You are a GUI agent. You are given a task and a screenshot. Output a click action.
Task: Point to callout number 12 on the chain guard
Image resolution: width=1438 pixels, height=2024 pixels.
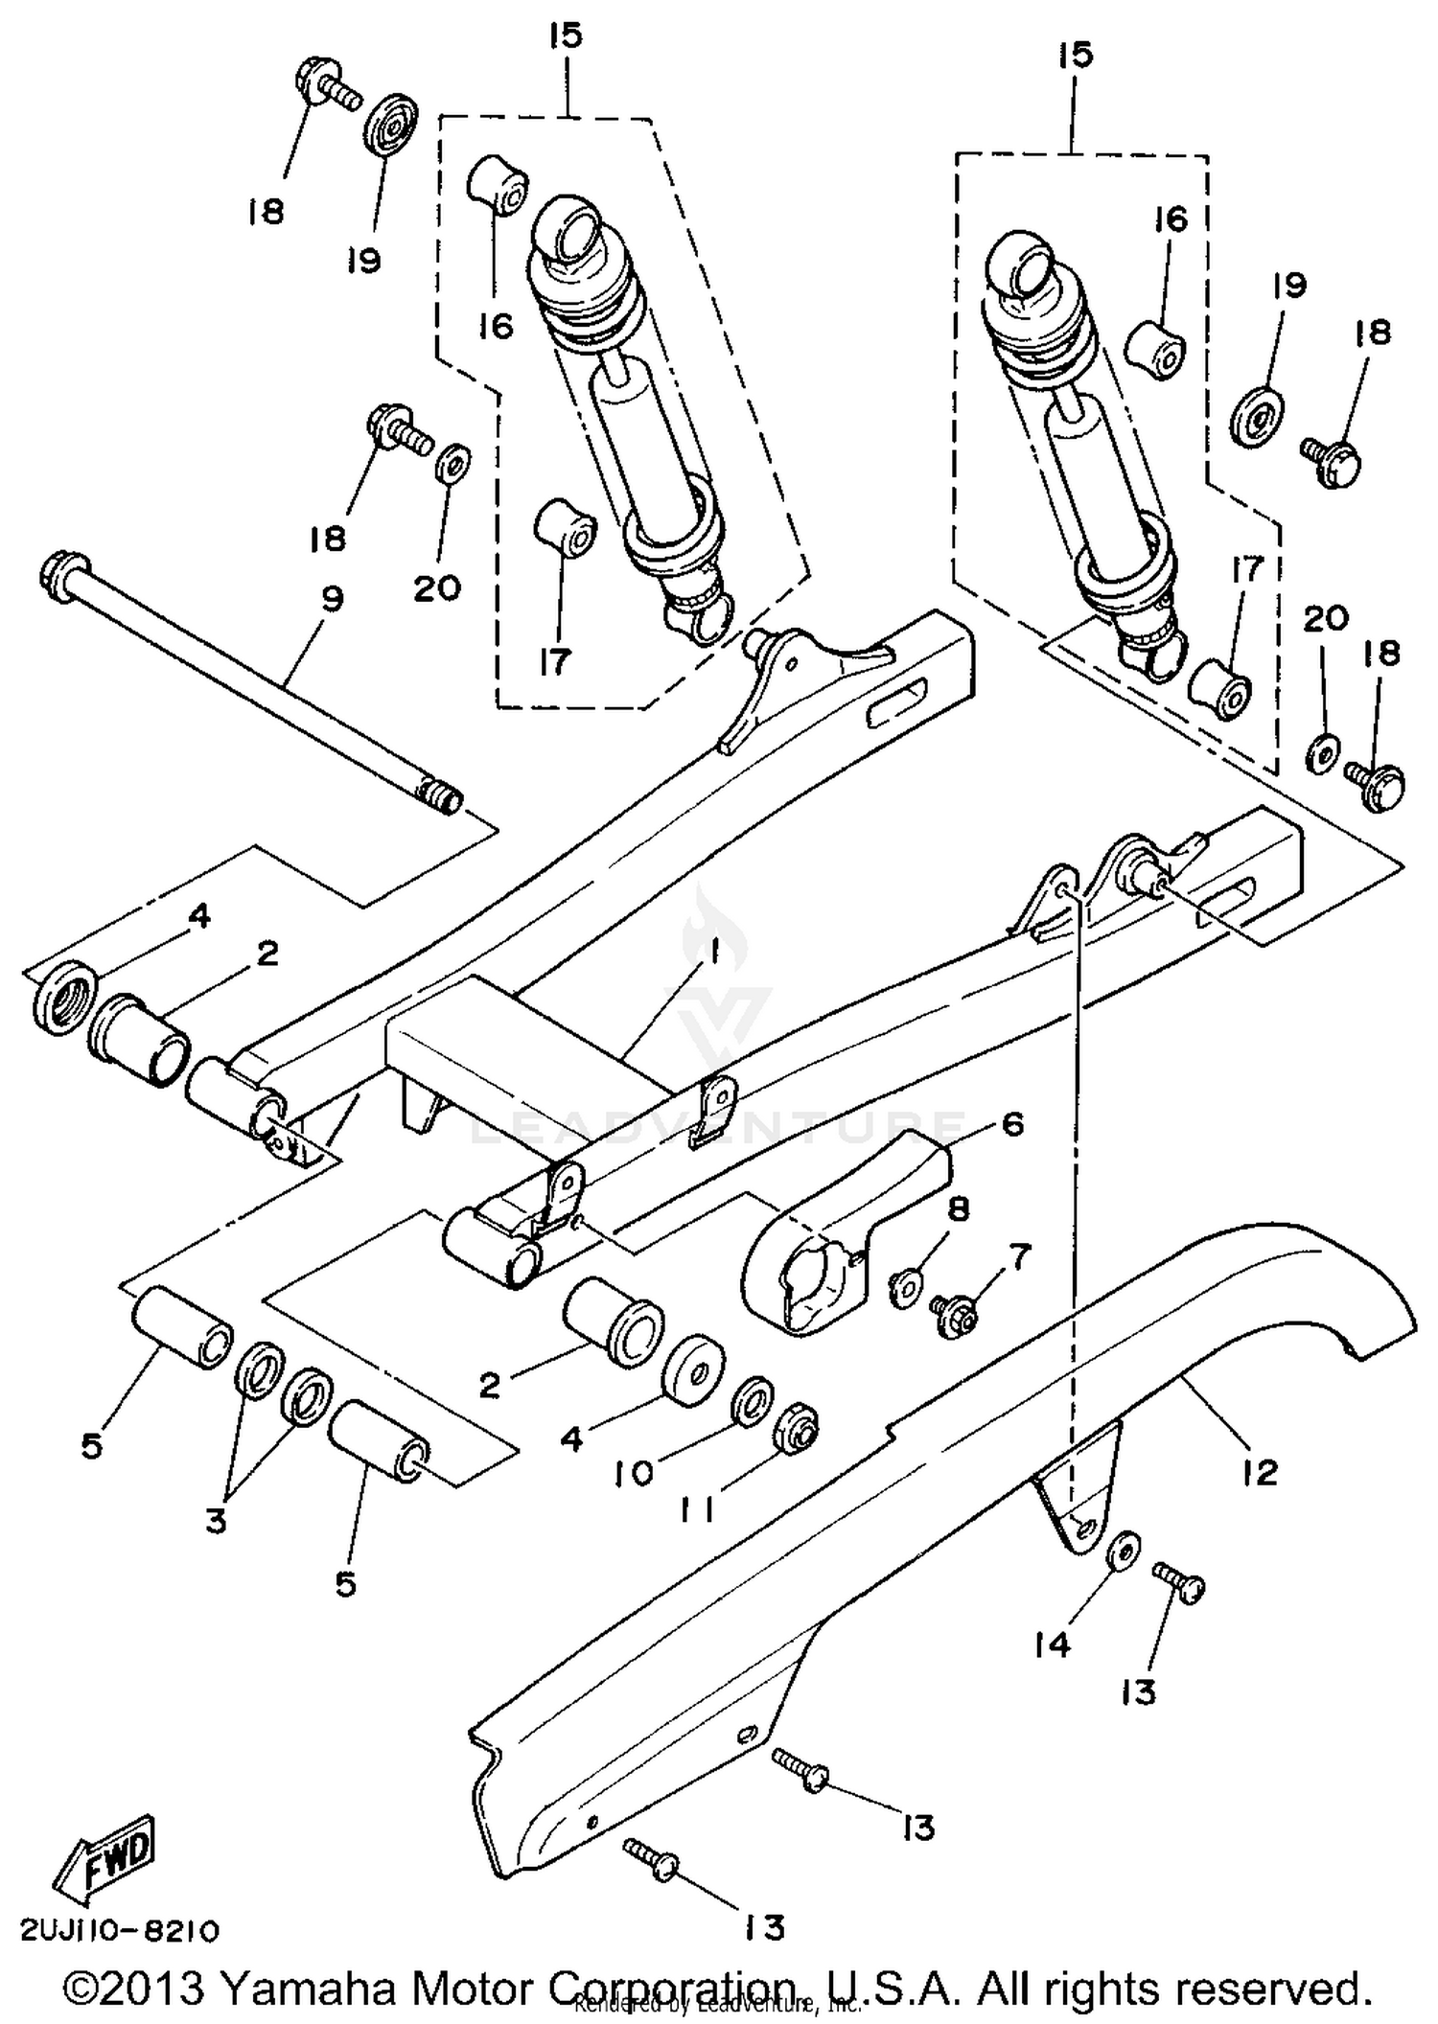click(x=1260, y=1472)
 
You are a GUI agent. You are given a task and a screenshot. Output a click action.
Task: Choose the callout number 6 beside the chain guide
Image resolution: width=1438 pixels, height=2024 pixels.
click(x=1011, y=1123)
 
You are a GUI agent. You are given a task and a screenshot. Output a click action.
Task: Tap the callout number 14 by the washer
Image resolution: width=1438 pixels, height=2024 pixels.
click(x=1051, y=1644)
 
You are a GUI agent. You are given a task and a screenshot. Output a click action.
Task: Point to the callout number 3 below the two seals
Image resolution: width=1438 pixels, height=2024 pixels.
click(x=216, y=1520)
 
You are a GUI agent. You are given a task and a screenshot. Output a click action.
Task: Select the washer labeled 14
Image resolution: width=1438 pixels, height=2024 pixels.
click(x=1121, y=1551)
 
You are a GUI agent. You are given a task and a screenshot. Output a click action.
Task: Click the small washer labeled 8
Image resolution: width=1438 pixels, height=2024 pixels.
click(x=905, y=1286)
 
